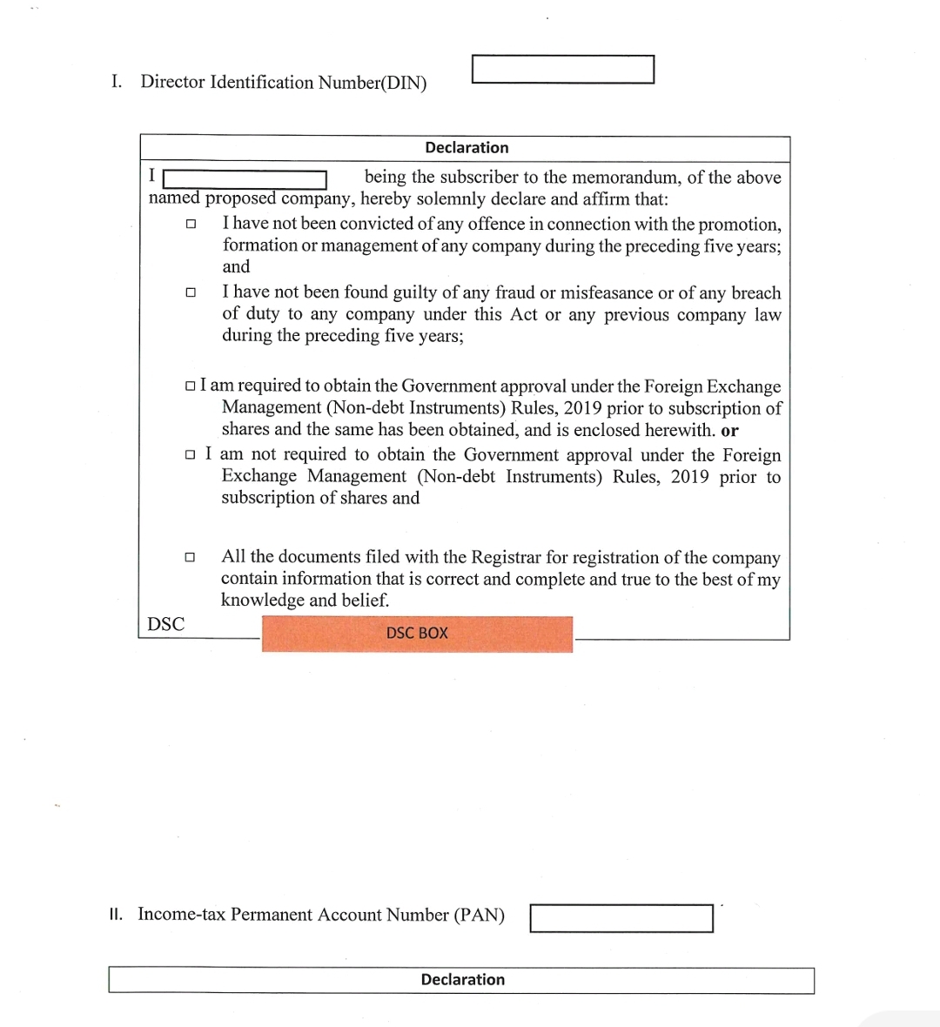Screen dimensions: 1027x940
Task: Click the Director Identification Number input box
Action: click(x=562, y=70)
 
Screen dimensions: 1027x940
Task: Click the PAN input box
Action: click(x=621, y=918)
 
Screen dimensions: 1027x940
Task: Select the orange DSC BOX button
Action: click(x=417, y=634)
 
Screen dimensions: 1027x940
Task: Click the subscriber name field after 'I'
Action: click(x=245, y=179)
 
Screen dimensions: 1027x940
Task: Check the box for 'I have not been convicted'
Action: click(x=191, y=225)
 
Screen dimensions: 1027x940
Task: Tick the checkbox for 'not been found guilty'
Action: click(x=191, y=293)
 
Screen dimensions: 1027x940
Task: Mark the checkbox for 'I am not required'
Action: click(x=191, y=455)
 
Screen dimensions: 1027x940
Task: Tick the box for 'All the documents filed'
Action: click(x=190, y=557)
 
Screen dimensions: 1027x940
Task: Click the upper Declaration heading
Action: click(x=467, y=148)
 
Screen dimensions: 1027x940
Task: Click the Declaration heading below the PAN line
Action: click(x=462, y=980)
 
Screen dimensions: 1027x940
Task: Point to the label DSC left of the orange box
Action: click(x=165, y=624)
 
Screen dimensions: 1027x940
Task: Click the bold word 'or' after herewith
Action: click(x=729, y=431)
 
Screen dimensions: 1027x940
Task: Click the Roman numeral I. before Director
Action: click(x=116, y=82)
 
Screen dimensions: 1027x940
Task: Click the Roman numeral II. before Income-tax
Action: click(x=116, y=915)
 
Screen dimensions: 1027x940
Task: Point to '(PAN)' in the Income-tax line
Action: click(x=479, y=916)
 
